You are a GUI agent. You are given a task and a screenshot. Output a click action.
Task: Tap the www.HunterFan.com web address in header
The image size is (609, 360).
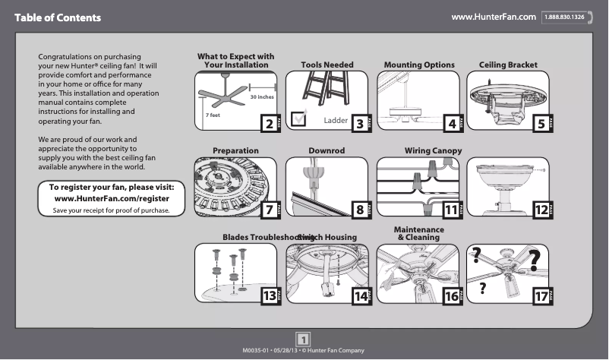[494, 17]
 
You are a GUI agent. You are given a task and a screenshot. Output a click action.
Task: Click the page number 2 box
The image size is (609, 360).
[267, 123]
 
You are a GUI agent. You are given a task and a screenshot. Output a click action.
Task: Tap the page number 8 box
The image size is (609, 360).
[358, 209]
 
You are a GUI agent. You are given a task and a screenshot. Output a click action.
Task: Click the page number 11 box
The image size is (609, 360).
[452, 209]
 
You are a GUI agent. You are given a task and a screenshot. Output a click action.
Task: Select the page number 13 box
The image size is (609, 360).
[270, 296]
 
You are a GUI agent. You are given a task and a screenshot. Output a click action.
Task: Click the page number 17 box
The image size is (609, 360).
[541, 296]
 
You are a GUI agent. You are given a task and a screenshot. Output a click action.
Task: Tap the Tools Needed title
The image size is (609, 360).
[327, 65]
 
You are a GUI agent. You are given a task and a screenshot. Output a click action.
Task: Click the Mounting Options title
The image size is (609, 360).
[419, 65]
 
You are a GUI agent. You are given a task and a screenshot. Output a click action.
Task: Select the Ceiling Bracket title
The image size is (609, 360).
[509, 65]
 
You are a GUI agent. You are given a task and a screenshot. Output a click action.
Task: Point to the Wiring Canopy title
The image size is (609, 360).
[433, 151]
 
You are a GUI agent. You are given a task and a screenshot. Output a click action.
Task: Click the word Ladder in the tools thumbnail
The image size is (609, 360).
[336, 121]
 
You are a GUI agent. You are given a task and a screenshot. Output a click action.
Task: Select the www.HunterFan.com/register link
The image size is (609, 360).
[112, 198]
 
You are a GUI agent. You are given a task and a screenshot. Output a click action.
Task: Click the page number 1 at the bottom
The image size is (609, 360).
[304, 339]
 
